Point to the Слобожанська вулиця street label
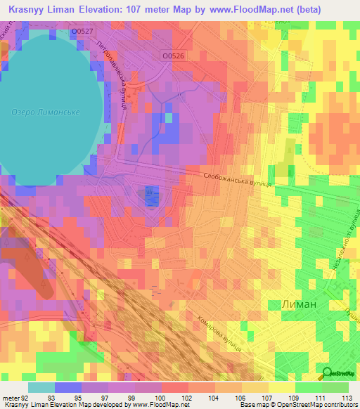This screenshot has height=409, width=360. (237, 181)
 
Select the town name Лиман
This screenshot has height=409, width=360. (290, 304)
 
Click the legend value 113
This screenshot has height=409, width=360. (345, 398)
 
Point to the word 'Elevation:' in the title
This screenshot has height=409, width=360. (106, 9)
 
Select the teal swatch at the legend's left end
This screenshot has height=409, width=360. (41, 387)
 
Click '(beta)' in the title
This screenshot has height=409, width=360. (322, 9)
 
